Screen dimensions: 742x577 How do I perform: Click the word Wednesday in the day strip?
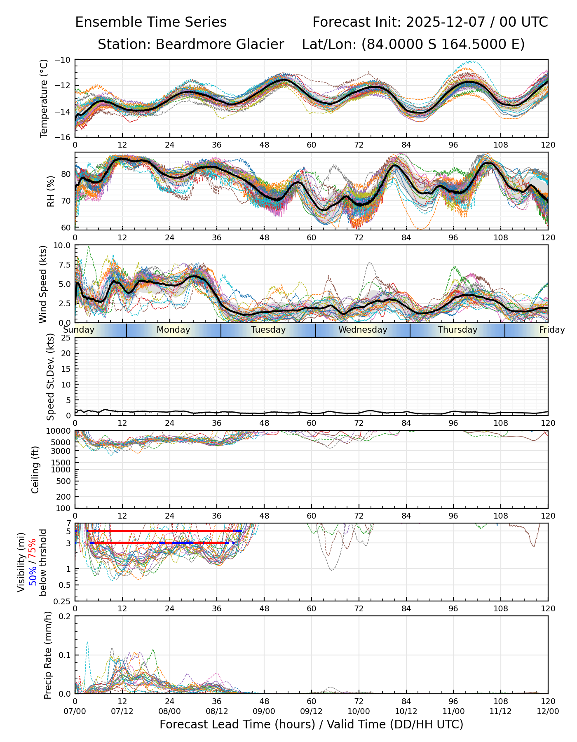pyautogui.click(x=363, y=330)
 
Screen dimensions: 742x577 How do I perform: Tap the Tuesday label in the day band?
pyautogui.click(x=268, y=330)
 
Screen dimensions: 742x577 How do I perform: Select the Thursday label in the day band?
pyautogui.click(x=457, y=330)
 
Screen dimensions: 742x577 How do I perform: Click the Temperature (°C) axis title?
pyautogui.click(x=44, y=98)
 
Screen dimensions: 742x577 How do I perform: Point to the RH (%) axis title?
pyautogui.click(x=51, y=191)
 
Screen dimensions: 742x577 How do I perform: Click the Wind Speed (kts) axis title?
pyautogui.click(x=43, y=284)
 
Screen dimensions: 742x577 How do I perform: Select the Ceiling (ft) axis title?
pyautogui.click(x=35, y=470)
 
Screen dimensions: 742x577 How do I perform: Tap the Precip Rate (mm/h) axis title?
pyautogui.click(x=48, y=655)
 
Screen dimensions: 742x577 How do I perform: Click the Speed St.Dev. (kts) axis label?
pyautogui.click(x=51, y=377)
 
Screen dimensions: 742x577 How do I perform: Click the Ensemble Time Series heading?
pyautogui.click(x=151, y=22)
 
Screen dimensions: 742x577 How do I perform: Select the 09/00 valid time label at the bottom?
pyautogui.click(x=264, y=711)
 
